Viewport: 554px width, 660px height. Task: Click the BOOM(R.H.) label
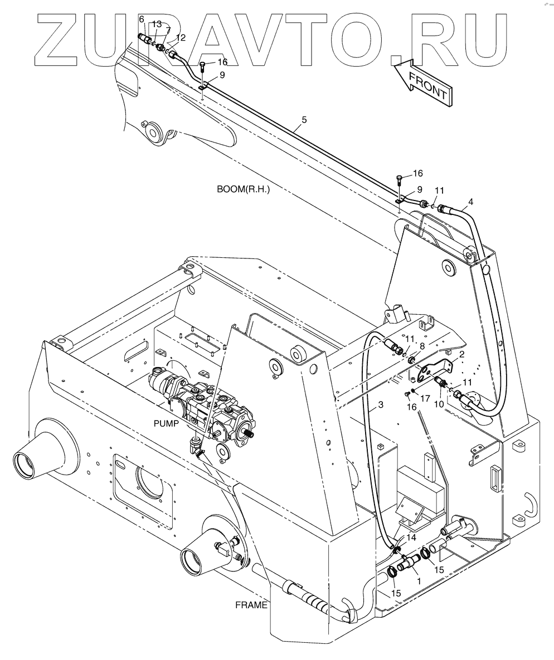pos(243,189)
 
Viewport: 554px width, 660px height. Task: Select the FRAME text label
pos(250,605)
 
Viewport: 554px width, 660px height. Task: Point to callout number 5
pos(304,119)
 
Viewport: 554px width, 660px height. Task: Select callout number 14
pos(411,537)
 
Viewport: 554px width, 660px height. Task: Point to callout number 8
pos(422,346)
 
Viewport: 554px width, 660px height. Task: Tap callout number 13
pos(157,24)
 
